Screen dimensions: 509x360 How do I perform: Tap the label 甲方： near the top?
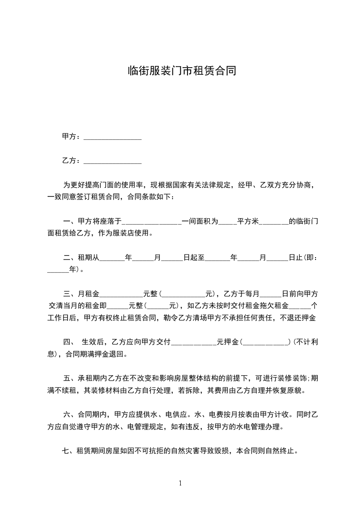coord(71,137)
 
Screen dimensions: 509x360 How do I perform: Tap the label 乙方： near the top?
coord(71,161)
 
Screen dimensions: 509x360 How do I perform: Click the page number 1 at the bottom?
coord(180,483)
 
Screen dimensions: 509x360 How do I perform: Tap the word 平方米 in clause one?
coord(248,222)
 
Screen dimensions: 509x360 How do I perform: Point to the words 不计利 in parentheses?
coord(306,342)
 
